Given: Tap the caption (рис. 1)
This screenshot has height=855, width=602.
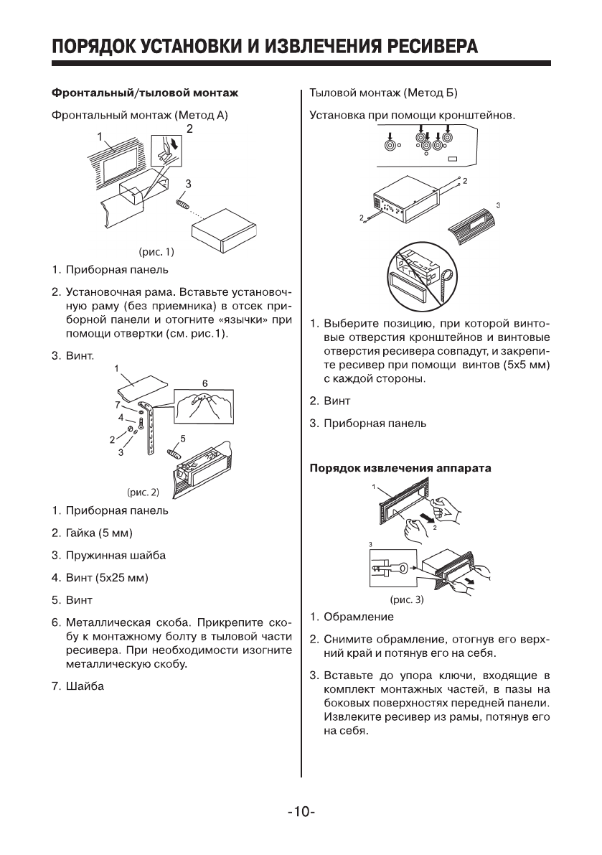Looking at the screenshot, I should [x=156, y=252].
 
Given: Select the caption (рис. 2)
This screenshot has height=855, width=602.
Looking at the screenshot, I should [x=142, y=492].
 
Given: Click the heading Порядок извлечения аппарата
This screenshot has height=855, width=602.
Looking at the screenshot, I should [x=400, y=469].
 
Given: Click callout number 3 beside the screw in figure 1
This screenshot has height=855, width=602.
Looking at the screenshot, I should [x=189, y=184].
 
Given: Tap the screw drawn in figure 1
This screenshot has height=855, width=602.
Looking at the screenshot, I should [x=184, y=205].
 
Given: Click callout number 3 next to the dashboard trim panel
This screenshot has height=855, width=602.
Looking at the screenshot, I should [x=498, y=205].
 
